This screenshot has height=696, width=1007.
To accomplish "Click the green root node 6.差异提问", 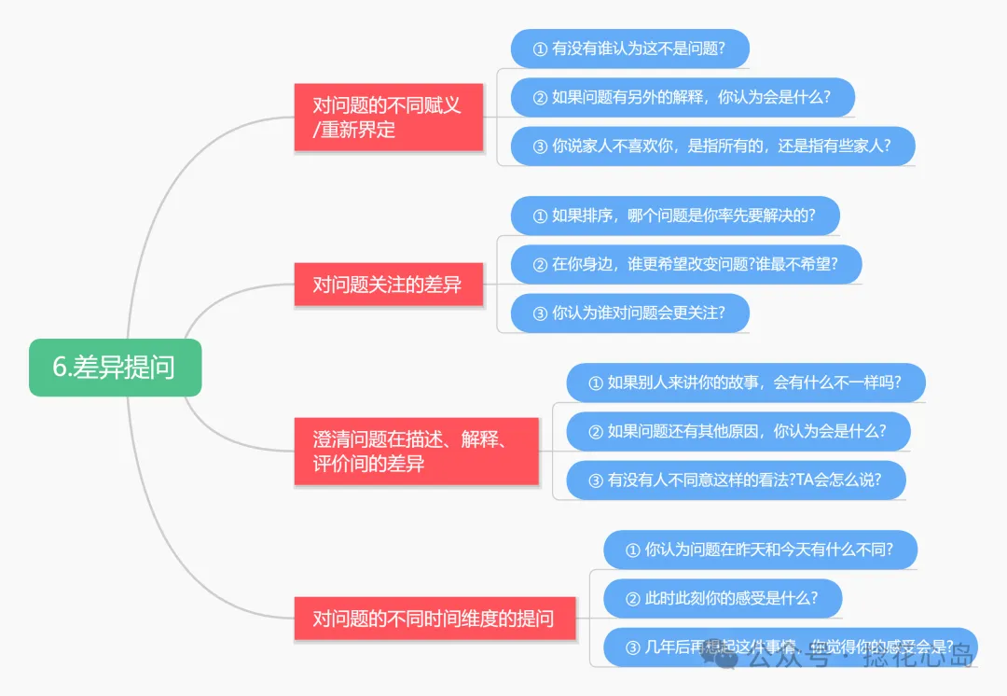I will (115, 367).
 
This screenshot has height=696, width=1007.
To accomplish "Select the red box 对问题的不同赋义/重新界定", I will (388, 118).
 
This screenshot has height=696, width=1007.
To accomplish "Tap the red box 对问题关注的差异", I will (388, 285).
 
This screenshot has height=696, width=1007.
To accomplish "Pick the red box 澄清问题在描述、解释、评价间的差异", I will (416, 452).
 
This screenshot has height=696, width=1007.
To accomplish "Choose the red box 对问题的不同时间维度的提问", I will (435, 618).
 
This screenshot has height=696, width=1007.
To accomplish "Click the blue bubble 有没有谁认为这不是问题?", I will (630, 49).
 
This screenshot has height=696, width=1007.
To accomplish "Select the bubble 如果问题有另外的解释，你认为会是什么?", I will (683, 97).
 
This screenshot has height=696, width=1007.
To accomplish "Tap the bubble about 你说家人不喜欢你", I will (712, 146).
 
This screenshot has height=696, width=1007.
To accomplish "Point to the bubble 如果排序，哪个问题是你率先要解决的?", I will (675, 216).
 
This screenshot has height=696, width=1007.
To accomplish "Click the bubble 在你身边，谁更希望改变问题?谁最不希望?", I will (686, 264).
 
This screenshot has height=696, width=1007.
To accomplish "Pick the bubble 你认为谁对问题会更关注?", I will (630, 313).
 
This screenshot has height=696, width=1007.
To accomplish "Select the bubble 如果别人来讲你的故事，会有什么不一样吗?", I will (746, 383).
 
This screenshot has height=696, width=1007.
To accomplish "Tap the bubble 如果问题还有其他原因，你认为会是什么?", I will (738, 431).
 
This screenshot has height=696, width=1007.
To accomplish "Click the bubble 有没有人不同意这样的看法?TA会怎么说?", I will (737, 480).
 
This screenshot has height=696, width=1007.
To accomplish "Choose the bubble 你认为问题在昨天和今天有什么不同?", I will (761, 550).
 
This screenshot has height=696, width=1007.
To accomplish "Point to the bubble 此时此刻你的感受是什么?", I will (723, 598).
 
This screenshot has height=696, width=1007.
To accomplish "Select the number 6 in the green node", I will (59, 368).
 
